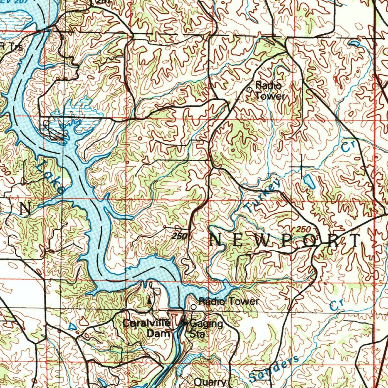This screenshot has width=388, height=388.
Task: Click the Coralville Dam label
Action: coord(146,328)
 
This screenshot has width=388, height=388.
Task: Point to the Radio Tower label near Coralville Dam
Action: coord(229,302)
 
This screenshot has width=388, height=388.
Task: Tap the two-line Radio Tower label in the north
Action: coord(269,91)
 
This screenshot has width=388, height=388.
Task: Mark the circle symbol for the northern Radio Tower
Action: coord(249,89)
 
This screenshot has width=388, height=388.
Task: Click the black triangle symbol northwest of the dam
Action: coord(149,300)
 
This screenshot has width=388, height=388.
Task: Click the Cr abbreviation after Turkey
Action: coord(346,147)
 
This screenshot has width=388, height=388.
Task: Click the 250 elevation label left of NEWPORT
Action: coord(179,236)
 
